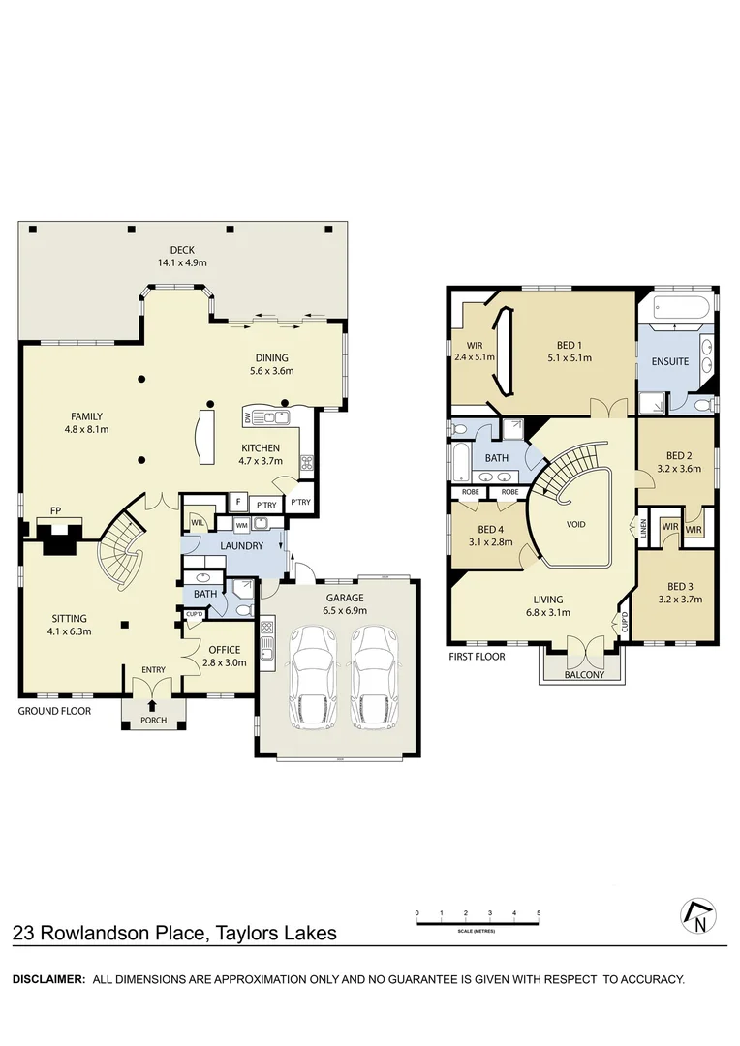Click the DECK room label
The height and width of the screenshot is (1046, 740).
tap(183, 250)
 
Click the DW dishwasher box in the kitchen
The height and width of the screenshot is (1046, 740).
tap(248, 417)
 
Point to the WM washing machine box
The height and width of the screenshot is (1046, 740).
tap(241, 524)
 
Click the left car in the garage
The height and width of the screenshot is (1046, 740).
tap(311, 681)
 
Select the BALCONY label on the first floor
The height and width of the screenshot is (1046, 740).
tap(584, 675)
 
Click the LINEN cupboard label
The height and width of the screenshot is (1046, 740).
tap(643, 529)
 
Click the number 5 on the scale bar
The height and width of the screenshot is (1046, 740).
tap(538, 913)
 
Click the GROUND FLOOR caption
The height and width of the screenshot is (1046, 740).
tap(54, 711)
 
